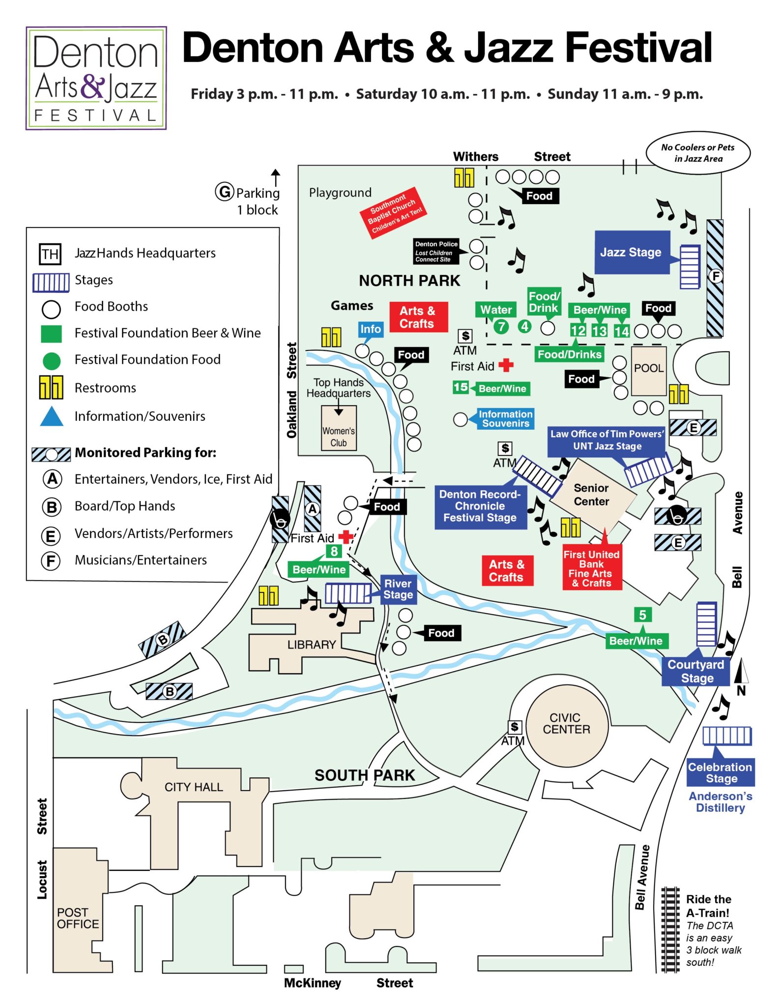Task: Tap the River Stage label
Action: [x=398, y=589]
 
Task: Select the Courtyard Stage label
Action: [x=696, y=671]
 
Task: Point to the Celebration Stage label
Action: [x=720, y=772]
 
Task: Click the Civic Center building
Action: [x=567, y=724]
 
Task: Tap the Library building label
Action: [x=312, y=645]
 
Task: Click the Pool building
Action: [x=649, y=370]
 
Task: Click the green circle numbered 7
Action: [x=501, y=326]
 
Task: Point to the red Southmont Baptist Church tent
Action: [x=393, y=213]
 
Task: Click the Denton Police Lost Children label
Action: [x=436, y=251]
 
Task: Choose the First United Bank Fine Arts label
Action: [x=592, y=568]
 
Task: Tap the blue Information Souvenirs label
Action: [x=505, y=419]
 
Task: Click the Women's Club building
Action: [x=339, y=428]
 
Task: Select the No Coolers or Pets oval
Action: [x=698, y=152]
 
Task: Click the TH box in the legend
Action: [x=50, y=254]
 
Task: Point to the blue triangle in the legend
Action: [x=52, y=416]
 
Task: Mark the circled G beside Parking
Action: [x=224, y=191]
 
